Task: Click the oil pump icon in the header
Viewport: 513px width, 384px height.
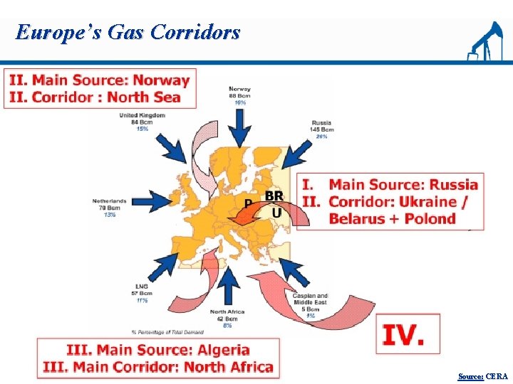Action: pos(484,43)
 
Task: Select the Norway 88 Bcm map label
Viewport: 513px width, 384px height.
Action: pos(239,96)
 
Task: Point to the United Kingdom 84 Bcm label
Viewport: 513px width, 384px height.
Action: pos(142,122)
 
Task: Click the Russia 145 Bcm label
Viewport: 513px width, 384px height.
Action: pos(322,129)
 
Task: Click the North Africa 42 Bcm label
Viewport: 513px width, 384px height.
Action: pos(228,318)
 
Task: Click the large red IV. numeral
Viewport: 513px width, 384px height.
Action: pos(403,334)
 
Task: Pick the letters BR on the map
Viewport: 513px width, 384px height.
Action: pos(274,196)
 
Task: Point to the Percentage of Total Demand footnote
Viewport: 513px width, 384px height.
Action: pos(167,332)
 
